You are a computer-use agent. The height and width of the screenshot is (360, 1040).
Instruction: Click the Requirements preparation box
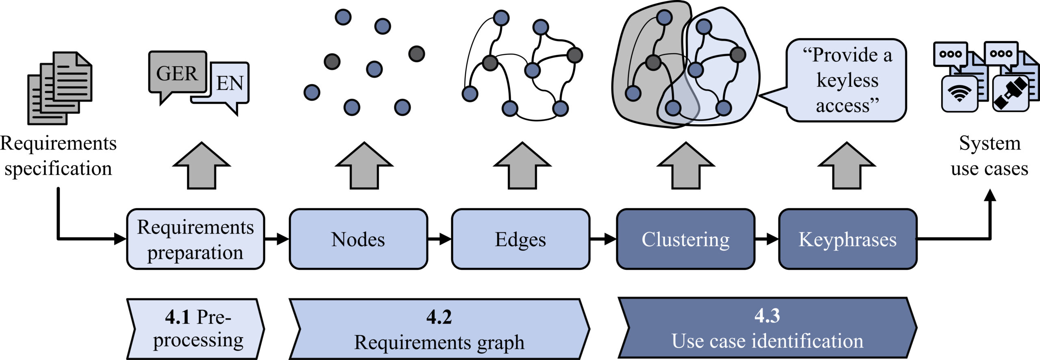click(x=195, y=239)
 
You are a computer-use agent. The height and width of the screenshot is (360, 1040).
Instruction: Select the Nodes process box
click(x=358, y=239)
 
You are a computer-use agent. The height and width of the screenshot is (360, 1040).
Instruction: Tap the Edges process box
click(x=520, y=239)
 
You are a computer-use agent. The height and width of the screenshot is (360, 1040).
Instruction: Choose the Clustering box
click(x=685, y=239)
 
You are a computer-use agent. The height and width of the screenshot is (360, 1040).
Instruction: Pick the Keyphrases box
click(x=847, y=239)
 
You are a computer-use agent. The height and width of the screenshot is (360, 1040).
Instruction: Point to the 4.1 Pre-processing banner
click(x=195, y=329)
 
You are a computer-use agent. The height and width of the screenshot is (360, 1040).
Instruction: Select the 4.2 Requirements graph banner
click(x=439, y=329)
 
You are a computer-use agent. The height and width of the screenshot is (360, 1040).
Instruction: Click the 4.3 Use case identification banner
click(x=767, y=327)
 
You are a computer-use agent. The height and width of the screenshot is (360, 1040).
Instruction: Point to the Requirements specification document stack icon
click(x=60, y=88)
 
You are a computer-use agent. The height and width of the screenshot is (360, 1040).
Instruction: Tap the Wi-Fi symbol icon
click(x=960, y=94)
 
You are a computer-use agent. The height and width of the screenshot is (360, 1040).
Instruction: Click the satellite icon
click(x=1010, y=94)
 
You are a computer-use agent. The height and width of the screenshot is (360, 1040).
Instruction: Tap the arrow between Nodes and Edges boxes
click(x=440, y=239)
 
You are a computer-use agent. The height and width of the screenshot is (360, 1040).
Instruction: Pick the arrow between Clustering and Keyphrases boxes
click(x=767, y=239)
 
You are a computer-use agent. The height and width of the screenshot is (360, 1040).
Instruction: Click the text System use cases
click(x=990, y=156)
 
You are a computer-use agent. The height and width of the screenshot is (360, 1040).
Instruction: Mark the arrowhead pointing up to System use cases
click(x=990, y=195)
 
